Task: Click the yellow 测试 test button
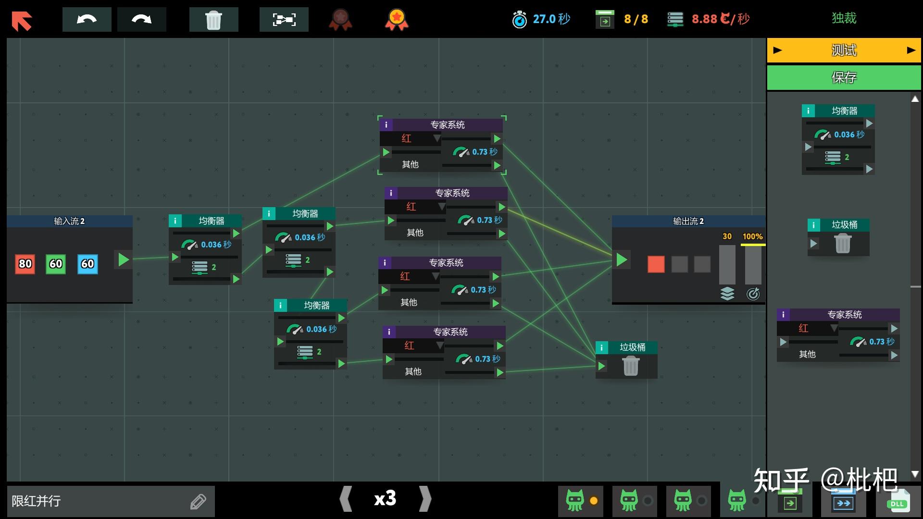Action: click(x=844, y=50)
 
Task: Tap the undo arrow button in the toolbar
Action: click(x=87, y=20)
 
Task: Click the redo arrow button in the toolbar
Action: click(x=141, y=20)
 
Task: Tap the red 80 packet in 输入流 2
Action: click(x=25, y=264)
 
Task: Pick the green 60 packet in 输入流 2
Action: click(x=56, y=264)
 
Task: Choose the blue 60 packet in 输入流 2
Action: click(x=87, y=264)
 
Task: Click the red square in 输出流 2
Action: click(x=656, y=264)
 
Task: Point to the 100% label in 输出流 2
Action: click(x=752, y=236)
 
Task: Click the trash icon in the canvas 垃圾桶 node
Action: click(x=631, y=367)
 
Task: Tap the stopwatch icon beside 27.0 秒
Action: click(x=519, y=20)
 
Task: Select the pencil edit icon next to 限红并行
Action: click(x=198, y=502)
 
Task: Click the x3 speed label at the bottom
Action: click(x=385, y=498)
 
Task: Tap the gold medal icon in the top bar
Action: click(x=397, y=20)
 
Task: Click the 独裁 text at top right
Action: click(x=844, y=18)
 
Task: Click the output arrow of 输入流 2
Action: click(x=124, y=259)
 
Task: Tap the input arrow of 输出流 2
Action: click(x=622, y=259)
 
